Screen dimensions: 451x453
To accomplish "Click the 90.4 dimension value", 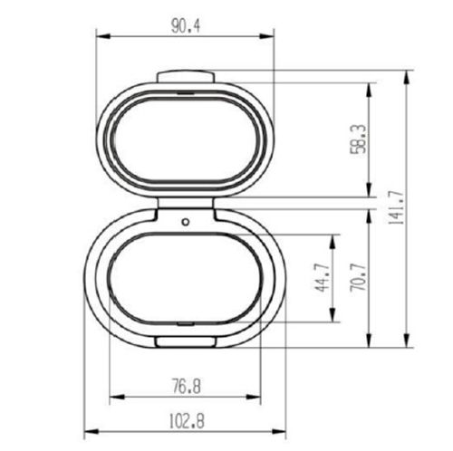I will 185,25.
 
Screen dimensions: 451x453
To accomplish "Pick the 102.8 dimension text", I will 185,419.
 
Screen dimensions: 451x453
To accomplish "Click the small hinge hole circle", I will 185,220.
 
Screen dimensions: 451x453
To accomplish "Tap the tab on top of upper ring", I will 185,78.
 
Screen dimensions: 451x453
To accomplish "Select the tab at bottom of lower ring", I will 185,341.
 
